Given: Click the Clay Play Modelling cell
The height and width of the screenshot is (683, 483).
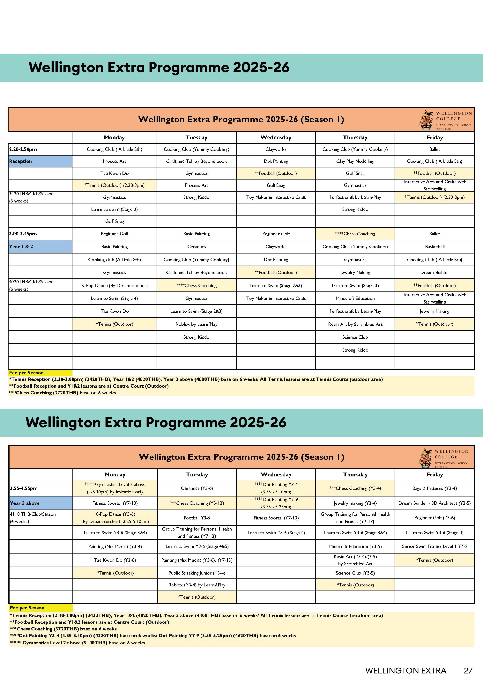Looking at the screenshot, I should pos(355,161).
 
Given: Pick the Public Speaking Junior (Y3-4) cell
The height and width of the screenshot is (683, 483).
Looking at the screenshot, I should pos(197,573).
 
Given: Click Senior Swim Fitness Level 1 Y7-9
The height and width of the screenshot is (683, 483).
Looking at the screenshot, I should pos(435,546).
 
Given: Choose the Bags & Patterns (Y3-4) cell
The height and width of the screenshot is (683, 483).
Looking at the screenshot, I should pos(435,488).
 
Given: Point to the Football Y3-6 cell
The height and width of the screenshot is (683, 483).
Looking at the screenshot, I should pos(197,518).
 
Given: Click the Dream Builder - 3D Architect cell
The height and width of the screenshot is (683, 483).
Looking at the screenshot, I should pos(435,503).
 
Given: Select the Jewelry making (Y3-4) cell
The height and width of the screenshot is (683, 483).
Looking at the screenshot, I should pos(355,503).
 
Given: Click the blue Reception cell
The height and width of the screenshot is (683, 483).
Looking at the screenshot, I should pos(40,161).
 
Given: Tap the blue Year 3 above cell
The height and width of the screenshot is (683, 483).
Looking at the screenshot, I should pos(41,503).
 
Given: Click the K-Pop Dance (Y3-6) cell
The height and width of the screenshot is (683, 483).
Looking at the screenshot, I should pos(115,518).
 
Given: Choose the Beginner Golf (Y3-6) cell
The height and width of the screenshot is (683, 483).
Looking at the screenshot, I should pos(435,518).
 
